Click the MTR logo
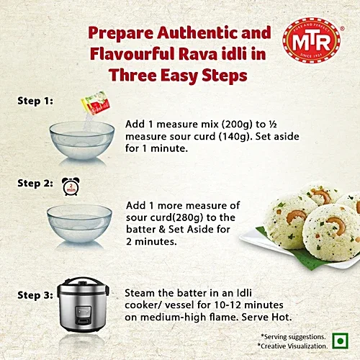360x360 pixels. coord(312,40)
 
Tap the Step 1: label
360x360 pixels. coord(35,101)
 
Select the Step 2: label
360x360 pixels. coord(35,184)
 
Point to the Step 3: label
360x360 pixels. coord(35,295)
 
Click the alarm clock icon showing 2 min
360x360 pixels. coord(71,186)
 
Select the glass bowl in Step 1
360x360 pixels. coord(82,140)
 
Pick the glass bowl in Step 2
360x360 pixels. coord(79,223)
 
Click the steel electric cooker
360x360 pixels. coord(83,305)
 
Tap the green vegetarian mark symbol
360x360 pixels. coord(340,341)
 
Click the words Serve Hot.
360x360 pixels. coord(266,318)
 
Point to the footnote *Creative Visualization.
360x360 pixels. coord(292,346)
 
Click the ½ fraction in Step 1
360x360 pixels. coord(273,125)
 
